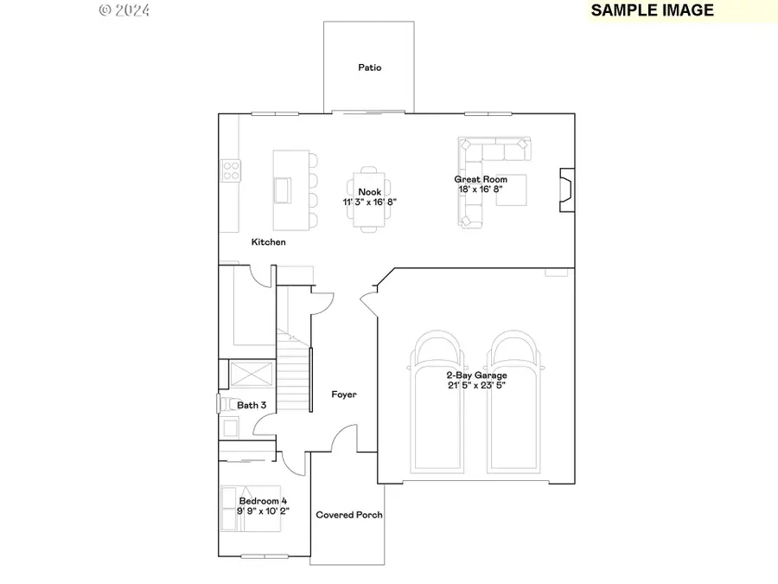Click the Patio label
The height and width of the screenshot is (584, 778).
[369, 67]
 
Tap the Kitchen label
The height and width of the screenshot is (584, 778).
[268, 242]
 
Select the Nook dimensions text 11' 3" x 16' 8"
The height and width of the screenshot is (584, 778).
[370, 202]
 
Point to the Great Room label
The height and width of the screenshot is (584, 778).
[481, 179]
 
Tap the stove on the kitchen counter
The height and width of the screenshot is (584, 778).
[230, 170]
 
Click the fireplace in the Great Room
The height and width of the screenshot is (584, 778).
[565, 189]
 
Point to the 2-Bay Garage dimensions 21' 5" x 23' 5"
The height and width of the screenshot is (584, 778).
[476, 386]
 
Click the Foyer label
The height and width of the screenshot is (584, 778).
[344, 395]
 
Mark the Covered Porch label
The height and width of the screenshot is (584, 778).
[348, 515]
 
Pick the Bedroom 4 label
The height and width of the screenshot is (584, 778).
[263, 501]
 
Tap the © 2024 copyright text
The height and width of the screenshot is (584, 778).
[124, 10]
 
